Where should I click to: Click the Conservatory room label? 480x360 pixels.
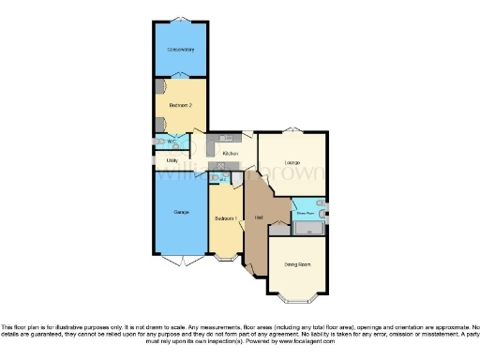point(180,49)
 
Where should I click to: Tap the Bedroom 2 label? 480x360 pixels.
point(180,105)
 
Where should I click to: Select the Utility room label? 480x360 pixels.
point(172,160)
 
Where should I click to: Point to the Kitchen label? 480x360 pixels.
point(230,152)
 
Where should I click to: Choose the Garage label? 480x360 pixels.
point(180,213)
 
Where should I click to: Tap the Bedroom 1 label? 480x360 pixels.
point(226,217)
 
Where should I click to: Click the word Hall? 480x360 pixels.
point(258,218)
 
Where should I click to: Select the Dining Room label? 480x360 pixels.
point(297,264)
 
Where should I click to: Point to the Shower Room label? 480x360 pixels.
point(305,214)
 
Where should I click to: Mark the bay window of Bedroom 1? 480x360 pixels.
point(226,259)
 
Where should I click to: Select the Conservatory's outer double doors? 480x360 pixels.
point(180,20)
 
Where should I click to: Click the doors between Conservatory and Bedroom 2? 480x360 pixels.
point(180,77)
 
